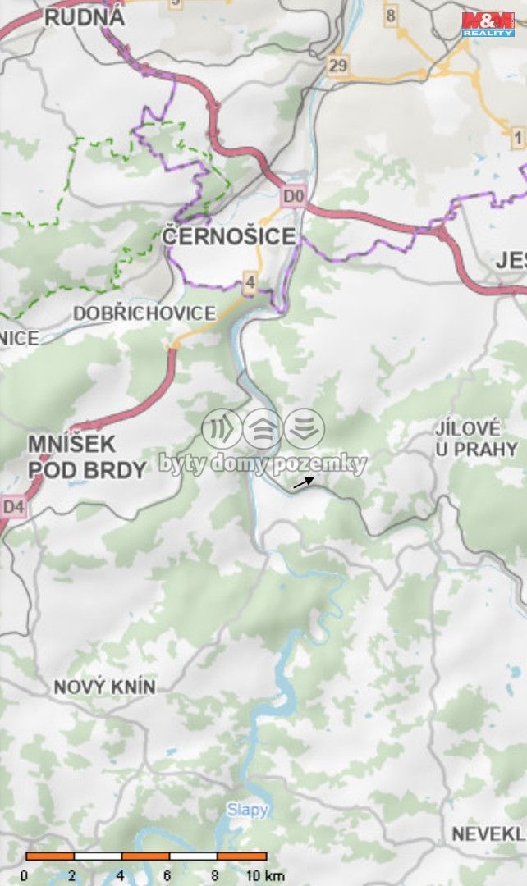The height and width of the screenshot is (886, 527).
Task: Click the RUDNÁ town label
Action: [84, 16]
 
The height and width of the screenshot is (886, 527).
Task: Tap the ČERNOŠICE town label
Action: [228, 237]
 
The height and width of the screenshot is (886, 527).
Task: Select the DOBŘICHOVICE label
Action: [144, 313]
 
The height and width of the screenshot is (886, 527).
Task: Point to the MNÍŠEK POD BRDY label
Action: [86, 457]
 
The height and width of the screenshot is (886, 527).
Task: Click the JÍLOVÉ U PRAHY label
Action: [476, 439]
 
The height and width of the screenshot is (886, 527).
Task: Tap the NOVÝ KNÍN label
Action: [104, 687]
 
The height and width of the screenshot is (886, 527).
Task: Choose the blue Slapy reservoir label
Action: [247, 811]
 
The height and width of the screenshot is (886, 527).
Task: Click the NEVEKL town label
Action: [489, 834]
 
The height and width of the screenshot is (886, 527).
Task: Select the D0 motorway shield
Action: [293, 197]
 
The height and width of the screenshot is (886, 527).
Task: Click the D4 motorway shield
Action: [13, 507]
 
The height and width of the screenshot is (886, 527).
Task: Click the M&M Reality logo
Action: [488, 24]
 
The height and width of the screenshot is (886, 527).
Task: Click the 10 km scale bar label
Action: [264, 875]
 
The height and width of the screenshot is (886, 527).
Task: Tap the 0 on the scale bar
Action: [25, 875]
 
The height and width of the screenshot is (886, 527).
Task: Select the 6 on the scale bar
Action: [167, 875]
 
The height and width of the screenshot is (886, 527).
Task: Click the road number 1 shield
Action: [517, 136]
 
